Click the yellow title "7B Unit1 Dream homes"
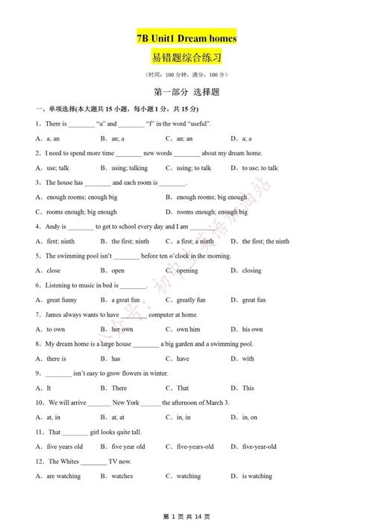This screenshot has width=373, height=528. click(x=186, y=37)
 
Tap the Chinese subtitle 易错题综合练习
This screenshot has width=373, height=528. click(x=186, y=58)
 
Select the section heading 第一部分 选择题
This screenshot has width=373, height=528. click(x=186, y=93)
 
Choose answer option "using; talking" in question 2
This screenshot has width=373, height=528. click(x=130, y=168)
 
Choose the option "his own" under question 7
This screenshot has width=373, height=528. click(x=252, y=329)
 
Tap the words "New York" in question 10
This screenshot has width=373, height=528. click(x=125, y=403)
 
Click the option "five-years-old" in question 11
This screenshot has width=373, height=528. click(x=195, y=447)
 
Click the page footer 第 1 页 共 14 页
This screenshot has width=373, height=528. click(x=186, y=517)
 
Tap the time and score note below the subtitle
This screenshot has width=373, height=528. click(x=186, y=75)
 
